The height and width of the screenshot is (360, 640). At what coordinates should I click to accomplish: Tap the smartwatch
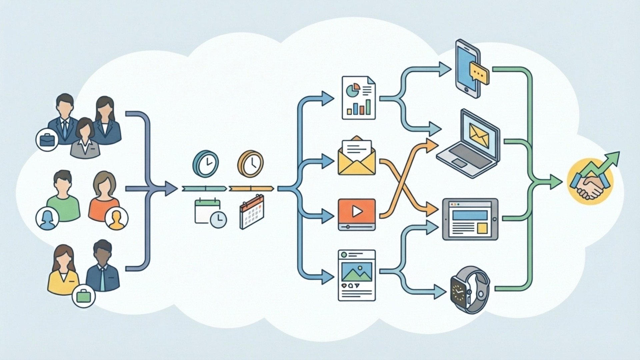click(469, 289)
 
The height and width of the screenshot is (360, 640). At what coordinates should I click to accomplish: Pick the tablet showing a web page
click(470, 219)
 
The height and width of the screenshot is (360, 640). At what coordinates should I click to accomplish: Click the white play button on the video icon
click(357, 211)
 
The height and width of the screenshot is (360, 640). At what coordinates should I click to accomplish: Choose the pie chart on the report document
click(353, 90)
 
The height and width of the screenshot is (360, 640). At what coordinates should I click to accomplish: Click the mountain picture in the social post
click(357, 272)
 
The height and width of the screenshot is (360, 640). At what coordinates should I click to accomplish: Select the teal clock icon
click(206, 163)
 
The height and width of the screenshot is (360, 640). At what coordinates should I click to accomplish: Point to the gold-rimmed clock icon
click(251, 164)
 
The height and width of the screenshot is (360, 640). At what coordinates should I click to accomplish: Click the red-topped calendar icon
click(252, 212)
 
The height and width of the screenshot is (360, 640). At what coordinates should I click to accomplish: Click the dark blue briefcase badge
click(47, 140)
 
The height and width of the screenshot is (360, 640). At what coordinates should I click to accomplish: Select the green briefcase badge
click(84, 296)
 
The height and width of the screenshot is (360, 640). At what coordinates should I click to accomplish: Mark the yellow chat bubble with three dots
click(479, 73)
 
